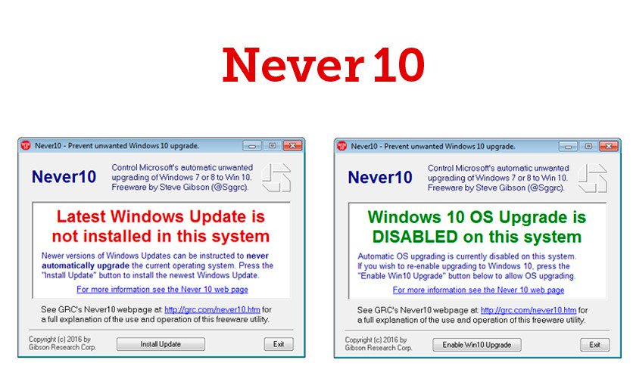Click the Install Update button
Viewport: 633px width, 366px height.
pyautogui.click(x=161, y=344)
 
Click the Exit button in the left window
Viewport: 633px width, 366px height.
pyautogui.click(x=278, y=344)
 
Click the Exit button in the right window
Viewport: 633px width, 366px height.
pyautogui.click(x=594, y=344)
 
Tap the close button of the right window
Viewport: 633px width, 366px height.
pyautogui.click(x=606, y=146)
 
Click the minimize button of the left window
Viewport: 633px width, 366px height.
pyautogui.click(x=251, y=146)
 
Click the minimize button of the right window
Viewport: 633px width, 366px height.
pyautogui.click(x=567, y=146)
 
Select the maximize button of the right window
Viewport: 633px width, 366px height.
pyautogui.click(x=587, y=146)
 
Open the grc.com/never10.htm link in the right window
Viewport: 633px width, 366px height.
pyautogui.click(x=529, y=310)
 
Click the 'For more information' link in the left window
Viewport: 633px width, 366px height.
pyautogui.click(x=161, y=290)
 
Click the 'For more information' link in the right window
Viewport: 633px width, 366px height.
pyautogui.click(x=478, y=290)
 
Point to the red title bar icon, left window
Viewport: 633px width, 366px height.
pyautogui.click(x=25, y=146)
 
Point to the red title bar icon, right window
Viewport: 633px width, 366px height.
pyautogui.click(x=341, y=146)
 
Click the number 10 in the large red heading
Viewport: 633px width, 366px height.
pyautogui.click(x=398, y=67)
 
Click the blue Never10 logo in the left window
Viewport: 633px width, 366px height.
pyautogui.click(x=64, y=177)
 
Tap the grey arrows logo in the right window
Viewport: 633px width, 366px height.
pyautogui.click(x=593, y=176)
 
